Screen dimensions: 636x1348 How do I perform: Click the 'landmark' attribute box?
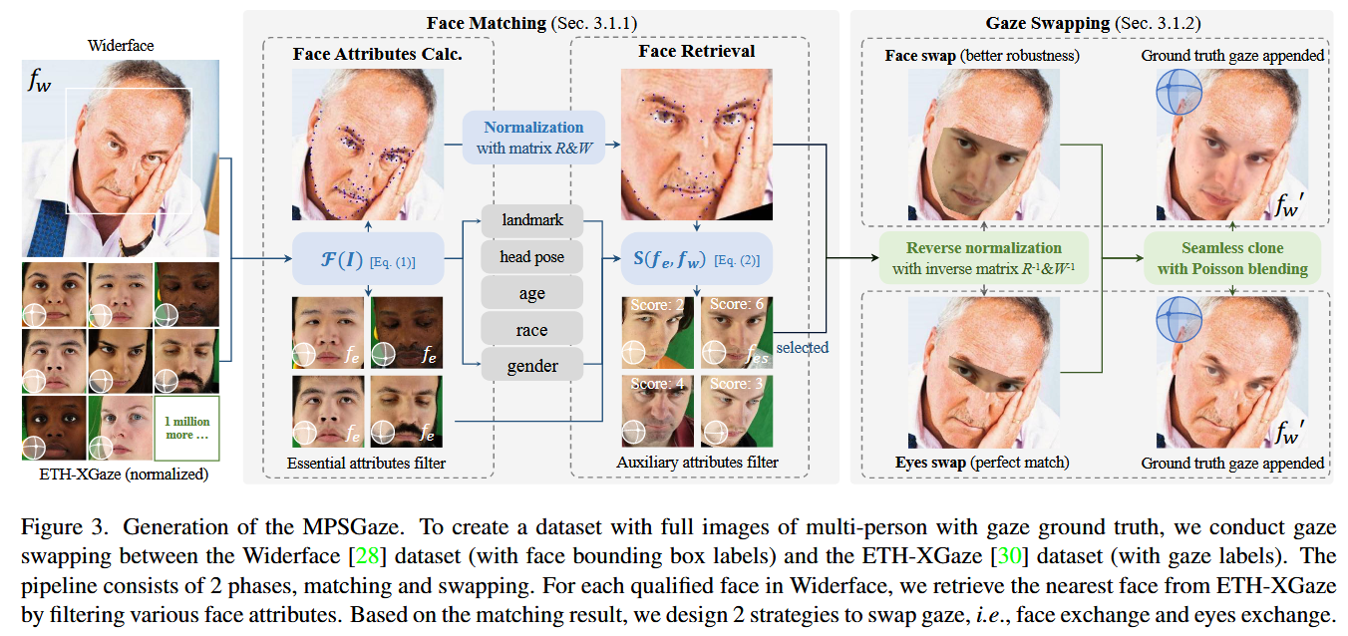(531, 221)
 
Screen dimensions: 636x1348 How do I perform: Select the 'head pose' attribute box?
(531, 257)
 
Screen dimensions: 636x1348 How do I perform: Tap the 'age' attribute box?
(531, 294)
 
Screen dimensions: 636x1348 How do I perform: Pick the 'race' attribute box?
(531, 330)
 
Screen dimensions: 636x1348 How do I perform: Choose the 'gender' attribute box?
(531, 366)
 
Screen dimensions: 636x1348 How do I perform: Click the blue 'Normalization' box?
(533, 137)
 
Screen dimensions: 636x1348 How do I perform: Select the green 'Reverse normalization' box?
(983, 257)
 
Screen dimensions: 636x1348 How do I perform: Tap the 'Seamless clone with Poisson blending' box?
(1231, 257)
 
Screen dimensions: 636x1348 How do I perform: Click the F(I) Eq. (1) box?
(368, 262)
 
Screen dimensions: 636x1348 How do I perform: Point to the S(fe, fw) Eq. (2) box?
(696, 261)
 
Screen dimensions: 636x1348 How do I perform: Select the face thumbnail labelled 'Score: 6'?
(736, 332)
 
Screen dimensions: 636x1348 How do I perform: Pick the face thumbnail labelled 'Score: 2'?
(657, 332)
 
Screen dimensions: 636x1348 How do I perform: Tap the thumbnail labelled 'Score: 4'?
(657, 411)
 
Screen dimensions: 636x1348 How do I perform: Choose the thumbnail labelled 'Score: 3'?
(736, 411)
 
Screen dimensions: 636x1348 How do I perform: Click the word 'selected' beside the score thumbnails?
(802, 348)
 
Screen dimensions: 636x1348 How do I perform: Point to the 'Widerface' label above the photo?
(121, 45)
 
